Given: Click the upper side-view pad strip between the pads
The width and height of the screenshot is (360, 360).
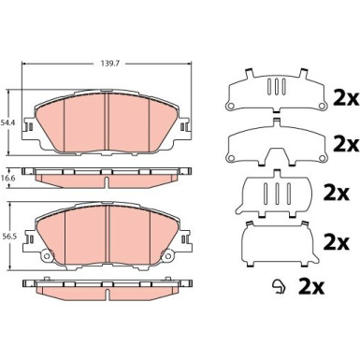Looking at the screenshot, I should [108, 175].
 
